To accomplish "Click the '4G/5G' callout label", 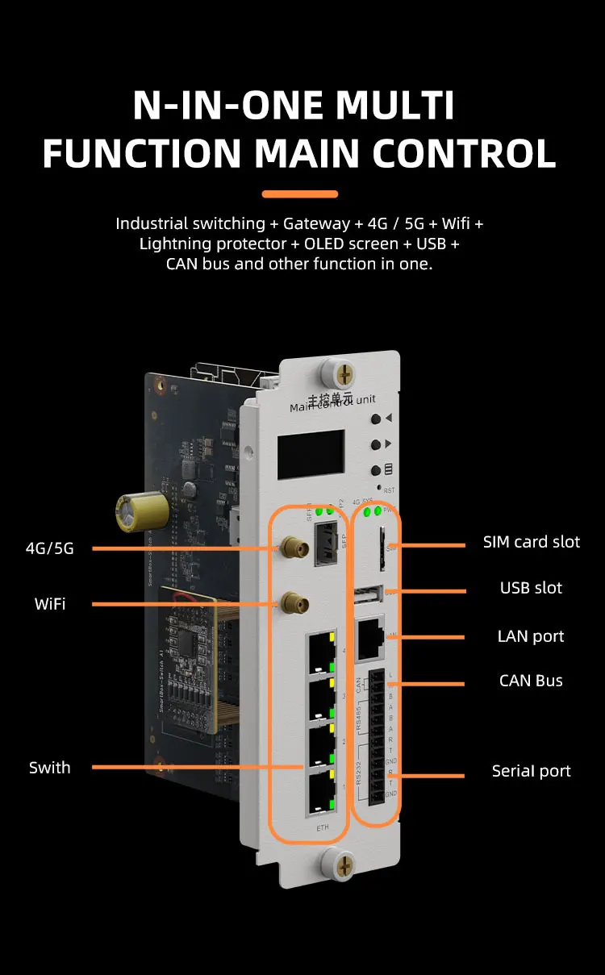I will click(x=50, y=548).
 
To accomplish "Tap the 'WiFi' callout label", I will click(x=50, y=603).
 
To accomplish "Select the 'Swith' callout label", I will click(x=50, y=767).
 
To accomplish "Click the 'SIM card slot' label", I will click(x=531, y=542).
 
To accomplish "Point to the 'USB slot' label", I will click(x=531, y=588).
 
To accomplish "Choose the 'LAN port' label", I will click(x=531, y=636).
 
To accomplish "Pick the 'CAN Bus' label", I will click(x=531, y=681).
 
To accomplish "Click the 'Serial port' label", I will click(x=531, y=771).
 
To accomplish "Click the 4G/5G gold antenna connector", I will click(x=292, y=551).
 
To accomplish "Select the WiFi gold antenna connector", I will click(x=292, y=602).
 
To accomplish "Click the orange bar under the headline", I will click(x=300, y=194).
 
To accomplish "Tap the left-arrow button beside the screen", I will click(x=377, y=419).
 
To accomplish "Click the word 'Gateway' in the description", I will click(x=311, y=223).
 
